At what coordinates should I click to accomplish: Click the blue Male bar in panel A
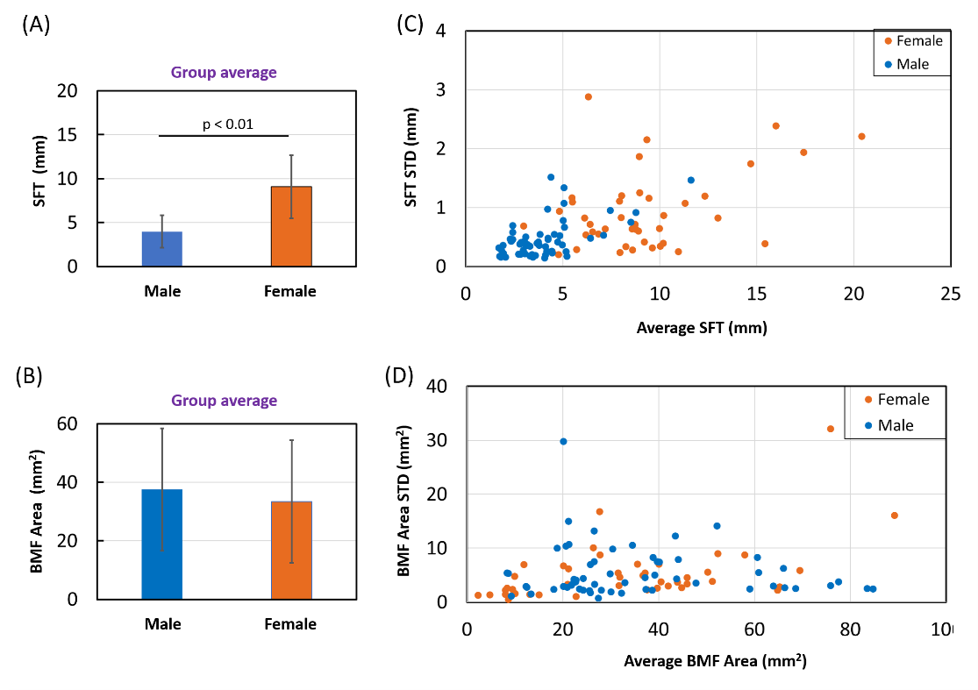click(163, 249)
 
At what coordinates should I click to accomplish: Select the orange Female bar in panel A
click(291, 226)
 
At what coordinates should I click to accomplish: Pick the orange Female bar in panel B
click(291, 550)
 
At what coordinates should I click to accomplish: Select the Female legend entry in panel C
click(913, 40)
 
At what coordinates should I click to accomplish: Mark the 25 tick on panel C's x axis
click(950, 296)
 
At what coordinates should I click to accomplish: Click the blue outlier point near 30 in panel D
click(563, 441)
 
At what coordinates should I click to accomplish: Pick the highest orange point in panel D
click(831, 429)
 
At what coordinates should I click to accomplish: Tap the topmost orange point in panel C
click(588, 96)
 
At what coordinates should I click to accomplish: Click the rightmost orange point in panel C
click(861, 136)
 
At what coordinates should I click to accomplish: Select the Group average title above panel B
click(224, 401)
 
